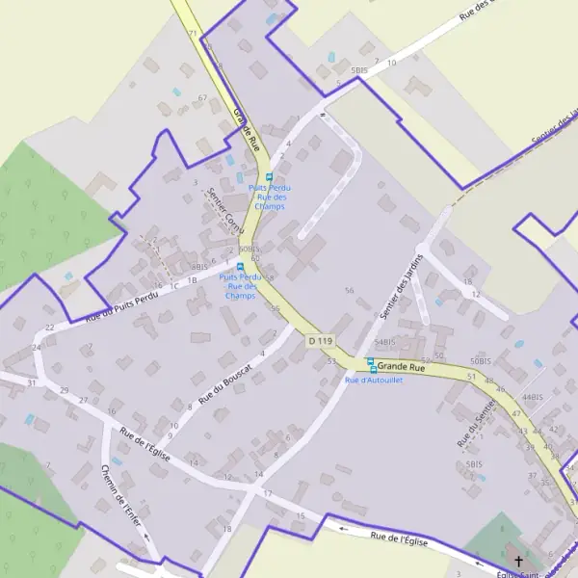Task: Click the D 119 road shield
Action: (x=321, y=341)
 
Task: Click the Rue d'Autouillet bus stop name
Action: (x=374, y=381)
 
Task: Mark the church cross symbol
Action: (x=518, y=561)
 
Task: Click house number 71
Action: (x=193, y=34)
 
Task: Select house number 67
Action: (x=202, y=98)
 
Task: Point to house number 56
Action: (x=349, y=290)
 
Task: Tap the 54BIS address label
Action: (x=384, y=342)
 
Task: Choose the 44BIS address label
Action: (x=533, y=397)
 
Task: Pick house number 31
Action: (x=32, y=382)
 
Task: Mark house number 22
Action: (x=49, y=328)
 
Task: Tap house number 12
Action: (x=476, y=294)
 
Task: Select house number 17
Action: (x=267, y=493)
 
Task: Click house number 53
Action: (x=331, y=361)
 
